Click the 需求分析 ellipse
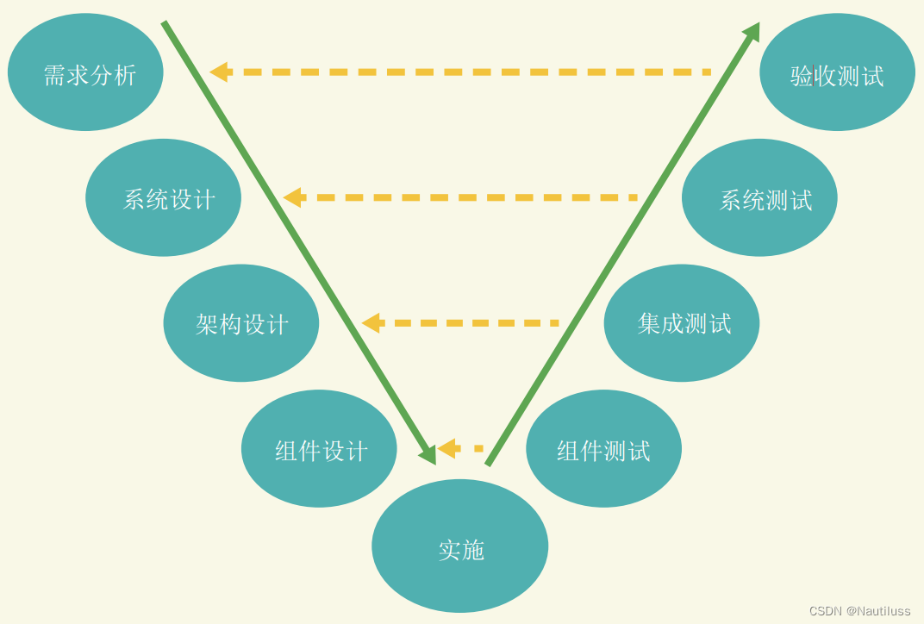pyautogui.click(x=85, y=72)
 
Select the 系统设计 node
pyautogui.click(x=163, y=197)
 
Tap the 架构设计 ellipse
pyautogui.click(x=241, y=323)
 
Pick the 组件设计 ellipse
pyautogui.click(x=319, y=448)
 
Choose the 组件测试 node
pyautogui.click(x=603, y=448)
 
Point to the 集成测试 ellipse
pyautogui.click(x=682, y=323)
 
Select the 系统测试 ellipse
pyautogui.click(x=759, y=197)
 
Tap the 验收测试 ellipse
pyautogui.click(x=837, y=72)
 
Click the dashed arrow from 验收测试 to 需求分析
pyautogui.click(x=465, y=72)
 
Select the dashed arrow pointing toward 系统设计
pyautogui.click(x=465, y=197)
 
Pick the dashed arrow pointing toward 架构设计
pyautogui.click(x=465, y=323)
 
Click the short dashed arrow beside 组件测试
pyautogui.click(x=462, y=448)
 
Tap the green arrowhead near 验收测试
pyautogui.click(x=752, y=32)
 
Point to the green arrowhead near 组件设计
pyautogui.click(x=428, y=454)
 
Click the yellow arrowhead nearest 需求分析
pyautogui.click(x=219, y=72)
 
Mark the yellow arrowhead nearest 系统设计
pyautogui.click(x=292, y=197)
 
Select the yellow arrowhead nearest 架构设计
pyautogui.click(x=371, y=323)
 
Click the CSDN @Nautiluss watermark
pyautogui.click(x=859, y=610)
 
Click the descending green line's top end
pyautogui.click(x=165, y=24)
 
